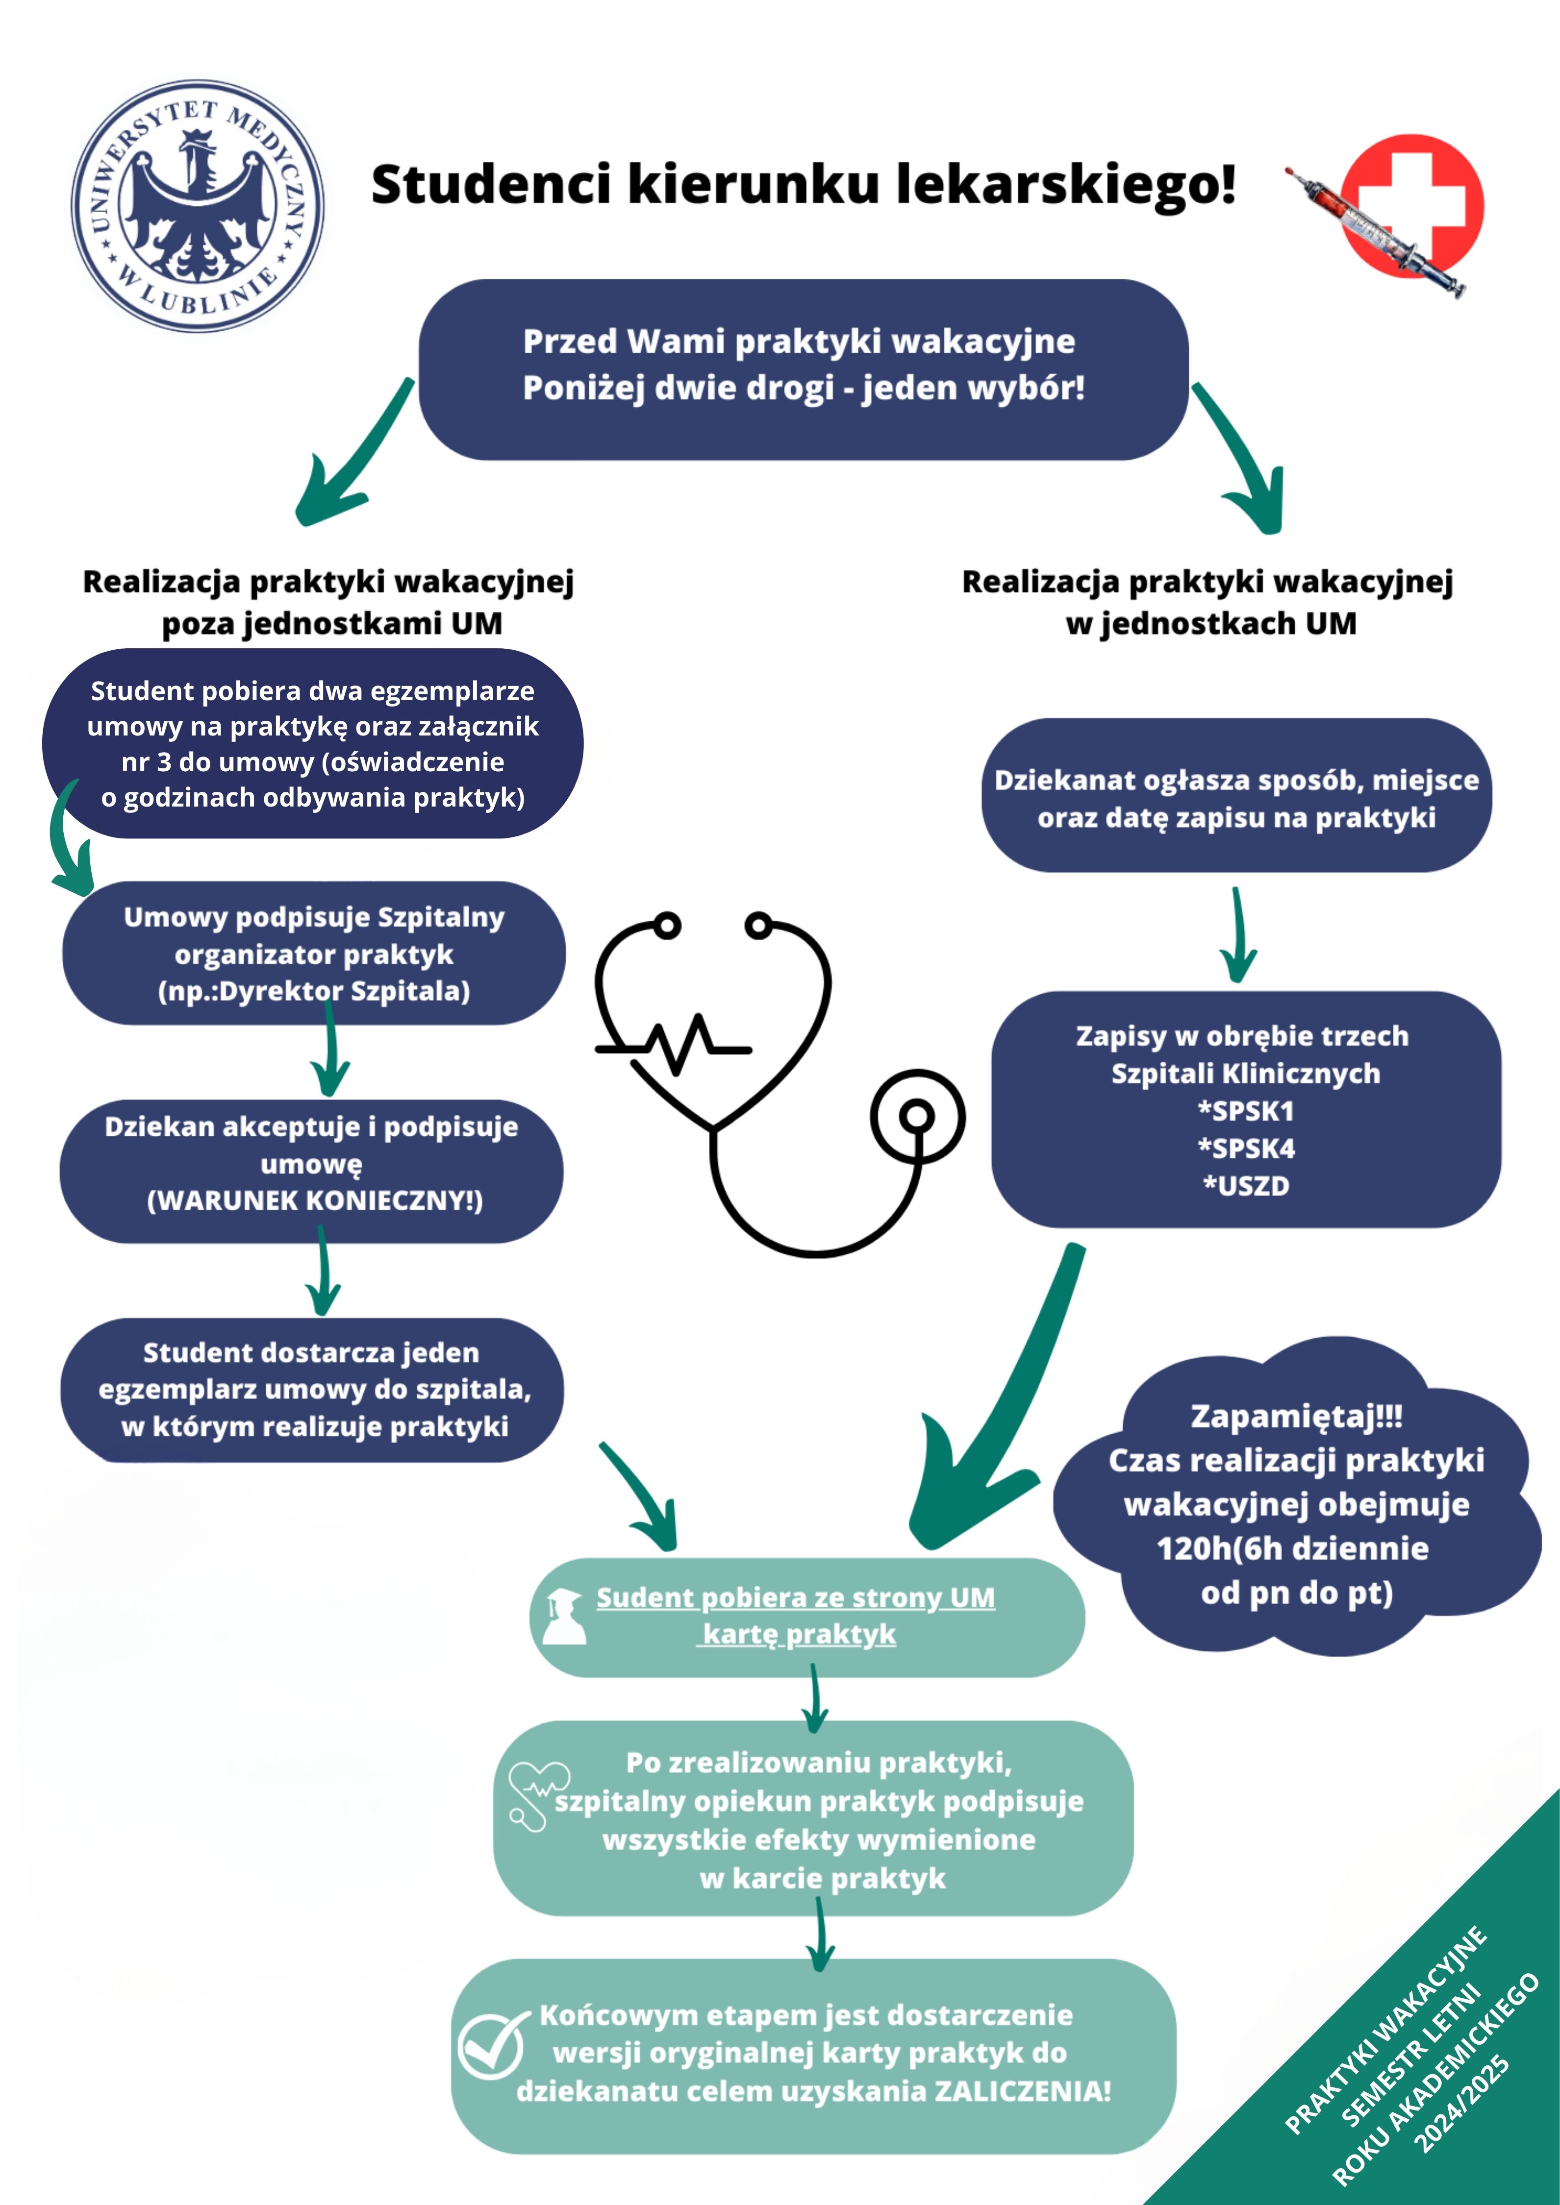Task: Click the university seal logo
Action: pyautogui.click(x=198, y=206)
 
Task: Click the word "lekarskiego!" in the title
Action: pyautogui.click(x=1066, y=184)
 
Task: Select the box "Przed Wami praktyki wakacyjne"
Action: pyautogui.click(x=804, y=369)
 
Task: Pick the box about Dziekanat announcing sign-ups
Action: pyautogui.click(x=1236, y=795)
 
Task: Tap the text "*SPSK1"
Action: pyautogui.click(x=1246, y=1111)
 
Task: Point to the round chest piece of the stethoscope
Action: pyautogui.click(x=917, y=1116)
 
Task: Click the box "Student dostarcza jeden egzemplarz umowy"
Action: pyautogui.click(x=312, y=1390)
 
